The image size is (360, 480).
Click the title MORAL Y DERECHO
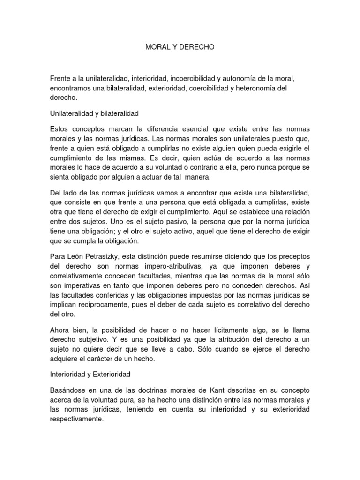180,47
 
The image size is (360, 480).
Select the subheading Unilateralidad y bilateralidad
95,113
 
